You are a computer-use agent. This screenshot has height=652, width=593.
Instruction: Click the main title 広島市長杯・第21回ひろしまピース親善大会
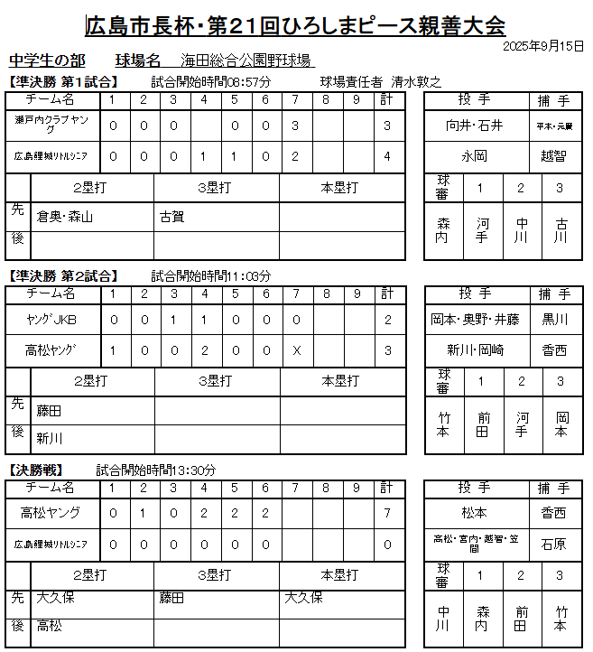tap(295, 24)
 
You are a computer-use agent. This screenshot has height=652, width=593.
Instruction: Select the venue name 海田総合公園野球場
tap(246, 61)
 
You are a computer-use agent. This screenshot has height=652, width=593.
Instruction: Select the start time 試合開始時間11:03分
tap(211, 275)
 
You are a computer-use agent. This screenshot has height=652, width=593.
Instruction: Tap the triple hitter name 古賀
tap(172, 217)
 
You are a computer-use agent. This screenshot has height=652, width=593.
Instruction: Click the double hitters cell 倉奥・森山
tap(65, 217)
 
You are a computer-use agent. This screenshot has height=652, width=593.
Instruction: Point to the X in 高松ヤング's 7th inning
tap(296, 349)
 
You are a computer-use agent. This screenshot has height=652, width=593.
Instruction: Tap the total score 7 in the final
tap(386, 513)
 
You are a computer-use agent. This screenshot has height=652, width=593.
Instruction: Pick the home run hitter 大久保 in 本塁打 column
tap(303, 597)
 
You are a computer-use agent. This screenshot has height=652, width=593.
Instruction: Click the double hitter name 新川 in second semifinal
tap(50, 438)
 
